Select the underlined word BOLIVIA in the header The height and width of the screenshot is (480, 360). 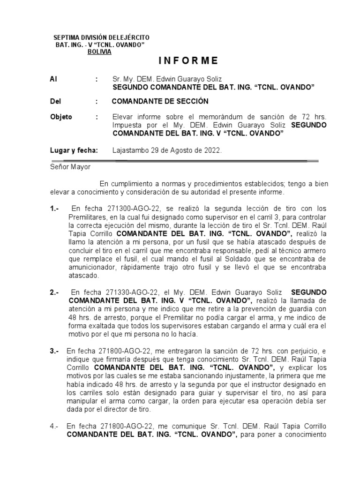99,52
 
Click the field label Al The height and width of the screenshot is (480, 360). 53,79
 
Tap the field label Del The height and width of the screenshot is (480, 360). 55,101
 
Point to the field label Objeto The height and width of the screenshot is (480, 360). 61,117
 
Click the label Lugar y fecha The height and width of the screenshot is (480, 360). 74,150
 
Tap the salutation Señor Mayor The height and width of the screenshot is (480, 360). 70,166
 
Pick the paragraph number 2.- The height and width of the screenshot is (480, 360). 55,292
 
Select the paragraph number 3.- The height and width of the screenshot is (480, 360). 55,351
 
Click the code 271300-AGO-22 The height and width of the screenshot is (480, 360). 121,208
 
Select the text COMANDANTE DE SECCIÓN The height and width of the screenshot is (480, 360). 160,101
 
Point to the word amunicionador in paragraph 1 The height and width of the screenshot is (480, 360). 90,268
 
